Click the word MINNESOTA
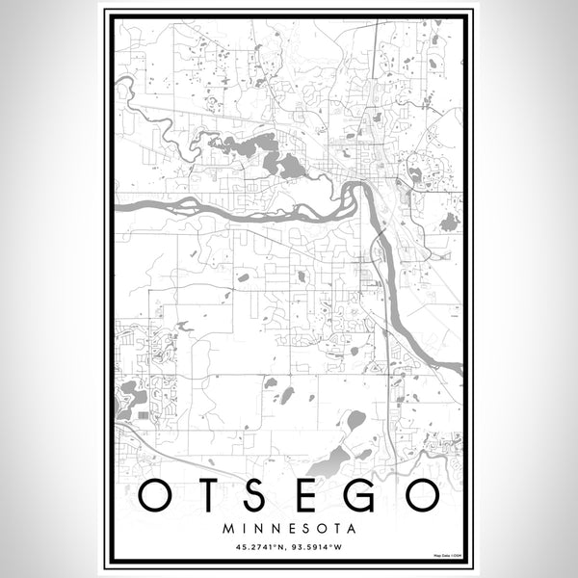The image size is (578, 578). tap(289, 529)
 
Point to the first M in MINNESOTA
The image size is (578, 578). tap(227, 529)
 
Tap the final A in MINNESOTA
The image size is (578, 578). tap(352, 529)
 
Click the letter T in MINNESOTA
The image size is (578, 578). tap(335, 529)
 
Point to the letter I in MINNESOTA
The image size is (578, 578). tap(243, 529)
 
